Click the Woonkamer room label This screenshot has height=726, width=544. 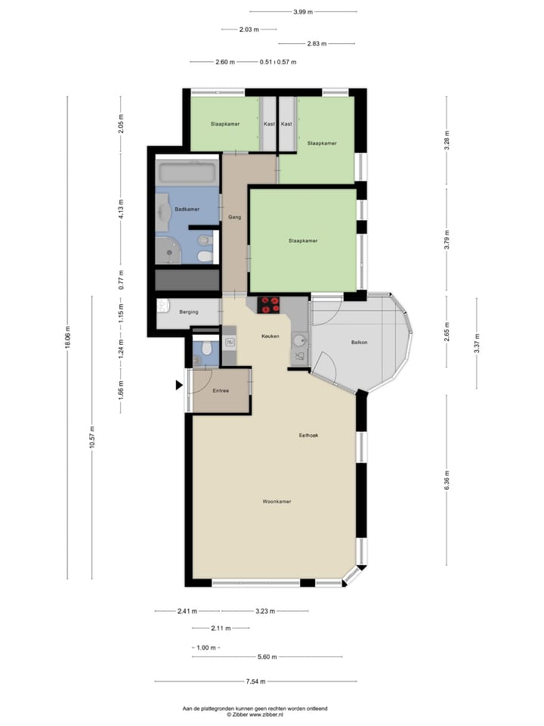tap(277, 501)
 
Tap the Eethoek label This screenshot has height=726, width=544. tap(308, 435)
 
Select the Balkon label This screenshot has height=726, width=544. tap(360, 343)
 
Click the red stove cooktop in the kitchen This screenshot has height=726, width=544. tap(269, 305)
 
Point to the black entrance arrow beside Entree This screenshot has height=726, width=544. tap(179, 385)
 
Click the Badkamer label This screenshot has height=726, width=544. tap(187, 209)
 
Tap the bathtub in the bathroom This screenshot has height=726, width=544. tap(187, 171)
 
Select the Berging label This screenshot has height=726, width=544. tap(188, 312)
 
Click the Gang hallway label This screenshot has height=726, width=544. tap(234, 217)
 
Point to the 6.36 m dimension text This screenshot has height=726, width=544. tap(447, 480)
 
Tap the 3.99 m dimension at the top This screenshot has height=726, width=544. tap(303, 12)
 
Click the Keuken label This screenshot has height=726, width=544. tap(270, 336)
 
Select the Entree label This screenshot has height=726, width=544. tap(221, 391)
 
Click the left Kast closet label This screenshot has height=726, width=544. tap(268, 123)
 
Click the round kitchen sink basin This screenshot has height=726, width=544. tap(299, 339)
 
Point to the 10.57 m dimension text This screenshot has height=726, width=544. tap(92, 437)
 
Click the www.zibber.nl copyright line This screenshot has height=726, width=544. tap(255, 714)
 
